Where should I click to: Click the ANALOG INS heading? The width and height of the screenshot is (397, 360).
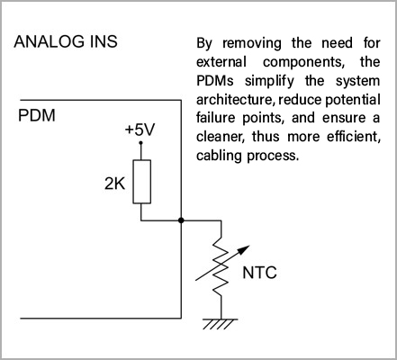pos(66,41)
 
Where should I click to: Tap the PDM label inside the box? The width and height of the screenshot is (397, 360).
pos(37,115)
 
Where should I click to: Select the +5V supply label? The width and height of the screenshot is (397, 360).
pos(140,130)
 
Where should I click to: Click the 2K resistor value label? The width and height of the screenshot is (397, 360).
pos(114,183)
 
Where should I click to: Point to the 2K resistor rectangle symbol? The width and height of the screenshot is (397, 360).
pos(142,182)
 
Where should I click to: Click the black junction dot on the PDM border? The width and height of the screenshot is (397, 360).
pos(181,220)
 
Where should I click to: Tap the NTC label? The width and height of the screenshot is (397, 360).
pos(259,273)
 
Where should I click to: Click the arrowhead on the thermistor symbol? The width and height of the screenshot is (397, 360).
pos(245,249)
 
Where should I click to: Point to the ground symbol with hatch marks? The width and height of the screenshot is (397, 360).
pos(221,324)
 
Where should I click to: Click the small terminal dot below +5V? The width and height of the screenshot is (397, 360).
pos(140,143)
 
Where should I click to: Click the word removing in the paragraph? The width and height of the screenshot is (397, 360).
pos(252,43)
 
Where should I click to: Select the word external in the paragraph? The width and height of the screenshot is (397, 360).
pos(221,62)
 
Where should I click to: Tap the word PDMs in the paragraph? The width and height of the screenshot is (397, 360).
pos(215,81)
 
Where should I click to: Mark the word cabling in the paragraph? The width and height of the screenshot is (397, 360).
pos(219,156)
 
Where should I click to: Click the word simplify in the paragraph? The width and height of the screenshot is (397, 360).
pos(269,82)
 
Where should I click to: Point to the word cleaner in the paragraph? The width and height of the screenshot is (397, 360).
pos(220,137)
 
